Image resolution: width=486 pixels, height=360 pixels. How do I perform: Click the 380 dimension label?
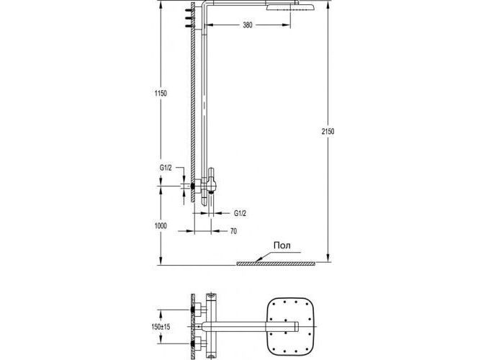pyautogui.click(x=248, y=24)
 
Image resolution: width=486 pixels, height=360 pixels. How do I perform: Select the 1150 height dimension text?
pyautogui.click(x=161, y=93)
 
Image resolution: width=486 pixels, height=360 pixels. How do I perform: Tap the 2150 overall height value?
pyautogui.click(x=328, y=132)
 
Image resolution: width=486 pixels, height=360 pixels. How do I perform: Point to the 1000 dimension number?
pyautogui.click(x=161, y=226)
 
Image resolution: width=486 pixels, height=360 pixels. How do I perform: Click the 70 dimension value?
pyautogui.click(x=234, y=231)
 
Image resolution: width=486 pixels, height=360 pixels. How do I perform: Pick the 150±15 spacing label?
pyautogui.click(x=161, y=327)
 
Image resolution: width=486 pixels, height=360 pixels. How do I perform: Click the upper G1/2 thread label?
pyautogui.click(x=166, y=168)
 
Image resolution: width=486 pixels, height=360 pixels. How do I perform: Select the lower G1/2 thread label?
pyautogui.click(x=240, y=213)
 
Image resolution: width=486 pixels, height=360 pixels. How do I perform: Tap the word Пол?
pyautogui.click(x=282, y=246)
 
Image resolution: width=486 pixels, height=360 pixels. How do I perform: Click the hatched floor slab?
pyautogui.click(x=276, y=264)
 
